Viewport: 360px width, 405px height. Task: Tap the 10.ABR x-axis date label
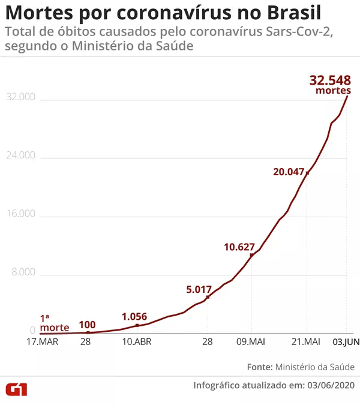(137, 342)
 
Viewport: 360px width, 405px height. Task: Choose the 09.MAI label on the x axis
(251, 342)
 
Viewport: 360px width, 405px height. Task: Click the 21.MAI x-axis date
(307, 342)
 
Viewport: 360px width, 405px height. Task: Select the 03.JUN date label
(346, 342)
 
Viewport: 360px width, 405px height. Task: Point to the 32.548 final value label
(331, 80)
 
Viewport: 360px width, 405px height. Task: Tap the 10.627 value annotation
(239, 247)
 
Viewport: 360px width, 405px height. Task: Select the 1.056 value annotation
(134, 317)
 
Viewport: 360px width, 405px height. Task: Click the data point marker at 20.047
(307, 173)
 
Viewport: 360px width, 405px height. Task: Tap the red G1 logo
(17, 388)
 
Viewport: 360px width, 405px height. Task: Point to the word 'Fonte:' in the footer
(259, 367)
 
